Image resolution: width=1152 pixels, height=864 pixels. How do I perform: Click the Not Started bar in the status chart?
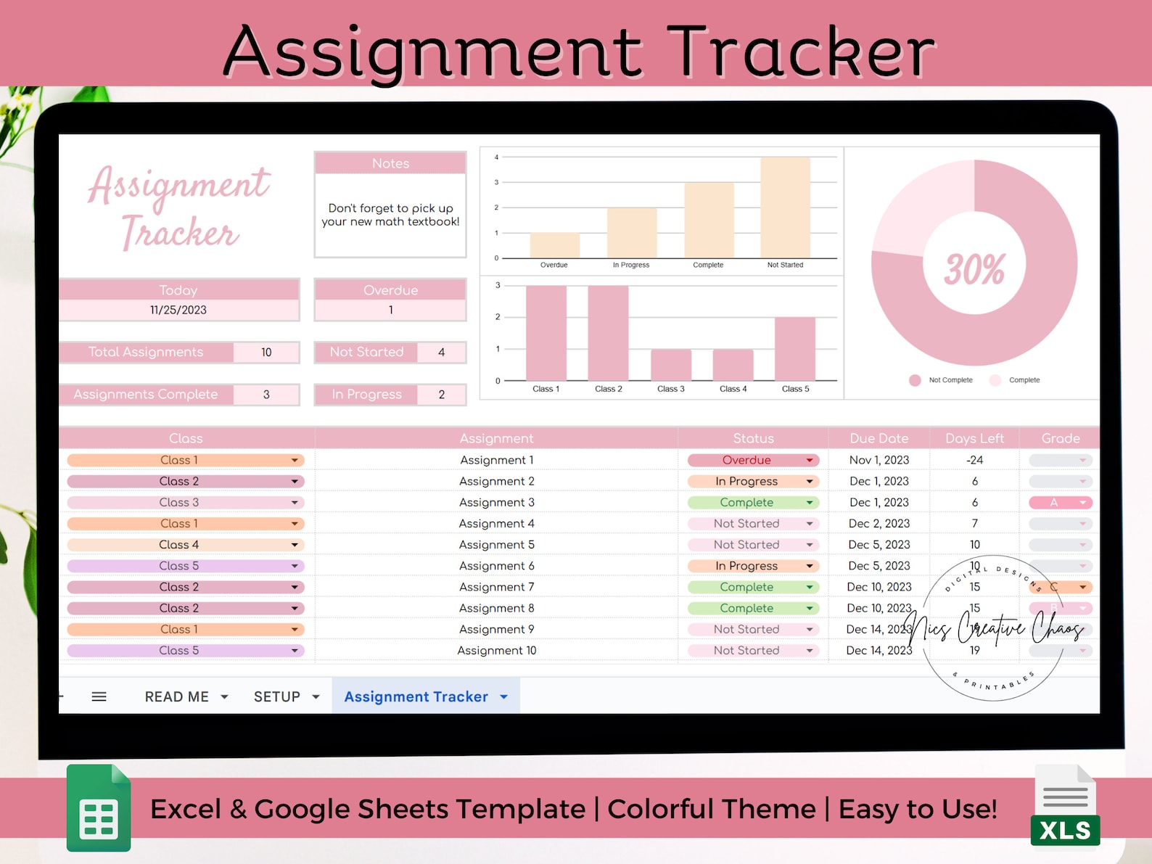tap(785, 208)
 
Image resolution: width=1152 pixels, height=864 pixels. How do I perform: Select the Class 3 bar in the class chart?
tap(671, 365)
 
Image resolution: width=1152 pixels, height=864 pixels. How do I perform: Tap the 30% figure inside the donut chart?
tap(974, 268)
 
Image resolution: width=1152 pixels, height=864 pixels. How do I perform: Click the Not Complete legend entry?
tap(942, 380)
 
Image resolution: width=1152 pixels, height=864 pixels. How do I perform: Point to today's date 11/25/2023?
tap(178, 310)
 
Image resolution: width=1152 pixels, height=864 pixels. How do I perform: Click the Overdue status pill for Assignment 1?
tap(752, 460)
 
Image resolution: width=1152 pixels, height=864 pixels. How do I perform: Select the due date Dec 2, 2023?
tap(879, 523)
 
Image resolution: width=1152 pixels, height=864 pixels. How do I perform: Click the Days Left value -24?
tap(974, 460)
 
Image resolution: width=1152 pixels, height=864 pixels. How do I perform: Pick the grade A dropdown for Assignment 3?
tap(1060, 502)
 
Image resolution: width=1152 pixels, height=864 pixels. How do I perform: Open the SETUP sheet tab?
tap(277, 696)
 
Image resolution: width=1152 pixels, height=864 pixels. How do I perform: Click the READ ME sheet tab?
tap(177, 696)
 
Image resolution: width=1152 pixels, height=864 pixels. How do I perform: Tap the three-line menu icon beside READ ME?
tap(99, 696)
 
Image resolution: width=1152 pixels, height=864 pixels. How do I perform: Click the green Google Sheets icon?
tap(99, 808)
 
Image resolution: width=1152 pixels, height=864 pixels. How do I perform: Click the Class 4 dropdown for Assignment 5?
tap(185, 545)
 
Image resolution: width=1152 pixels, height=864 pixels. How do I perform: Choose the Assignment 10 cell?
tap(497, 651)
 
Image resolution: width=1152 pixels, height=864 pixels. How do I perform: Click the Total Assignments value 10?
tap(266, 353)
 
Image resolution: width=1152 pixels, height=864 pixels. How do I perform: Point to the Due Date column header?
tap(879, 438)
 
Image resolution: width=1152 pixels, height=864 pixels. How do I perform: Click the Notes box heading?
tap(390, 163)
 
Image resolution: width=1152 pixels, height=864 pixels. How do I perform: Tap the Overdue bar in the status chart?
tap(555, 245)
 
